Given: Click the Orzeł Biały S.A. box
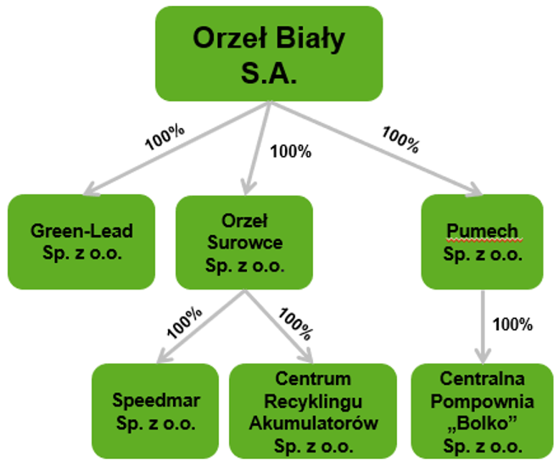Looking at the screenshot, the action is click(269, 53).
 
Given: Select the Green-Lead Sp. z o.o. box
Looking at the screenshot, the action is click(81, 242).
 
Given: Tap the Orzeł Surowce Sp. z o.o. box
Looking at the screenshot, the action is click(244, 243).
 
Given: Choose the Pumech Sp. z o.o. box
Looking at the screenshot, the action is click(483, 242).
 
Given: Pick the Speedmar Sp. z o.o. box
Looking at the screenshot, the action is click(155, 411).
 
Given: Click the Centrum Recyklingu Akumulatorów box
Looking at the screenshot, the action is click(313, 411).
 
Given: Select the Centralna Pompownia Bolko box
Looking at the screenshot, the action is click(483, 411).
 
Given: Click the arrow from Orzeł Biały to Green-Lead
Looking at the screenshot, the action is click(176, 148).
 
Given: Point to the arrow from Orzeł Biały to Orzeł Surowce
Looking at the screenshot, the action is click(257, 148).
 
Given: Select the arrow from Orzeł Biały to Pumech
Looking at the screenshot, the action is click(376, 148).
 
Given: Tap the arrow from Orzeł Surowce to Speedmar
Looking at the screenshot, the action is click(201, 327).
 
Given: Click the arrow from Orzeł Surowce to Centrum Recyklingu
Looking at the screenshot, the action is click(278, 327).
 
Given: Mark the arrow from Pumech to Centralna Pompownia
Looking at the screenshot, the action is click(483, 327).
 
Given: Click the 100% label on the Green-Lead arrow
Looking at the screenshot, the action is click(165, 137).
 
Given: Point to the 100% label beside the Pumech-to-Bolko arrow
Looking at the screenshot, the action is click(512, 324).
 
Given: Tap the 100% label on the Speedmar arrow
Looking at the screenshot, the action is click(184, 322).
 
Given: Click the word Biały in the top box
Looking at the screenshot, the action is click(310, 38).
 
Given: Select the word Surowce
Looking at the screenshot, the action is click(245, 243).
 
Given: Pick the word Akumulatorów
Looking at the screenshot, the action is click(313, 423).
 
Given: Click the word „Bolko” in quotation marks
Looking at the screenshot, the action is click(483, 423).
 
